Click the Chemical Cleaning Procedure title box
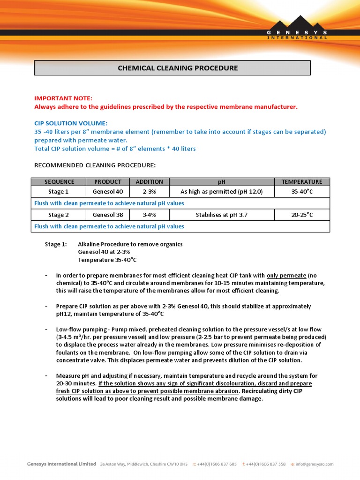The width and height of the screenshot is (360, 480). point(172,68)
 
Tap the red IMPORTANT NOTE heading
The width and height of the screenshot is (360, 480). point(63,98)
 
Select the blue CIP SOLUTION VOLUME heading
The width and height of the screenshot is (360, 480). point(71,123)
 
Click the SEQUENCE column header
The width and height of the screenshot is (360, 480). point(59,182)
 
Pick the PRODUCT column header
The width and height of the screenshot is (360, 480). point(108,182)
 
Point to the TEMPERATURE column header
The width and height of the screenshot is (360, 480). point(301,182)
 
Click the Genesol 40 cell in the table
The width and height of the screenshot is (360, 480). point(108,192)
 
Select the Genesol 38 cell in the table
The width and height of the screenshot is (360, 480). point(108,215)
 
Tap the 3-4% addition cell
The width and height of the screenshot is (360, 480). point(149,215)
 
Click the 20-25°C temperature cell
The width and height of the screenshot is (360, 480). point(301,215)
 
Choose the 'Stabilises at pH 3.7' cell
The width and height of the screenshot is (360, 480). point(221,215)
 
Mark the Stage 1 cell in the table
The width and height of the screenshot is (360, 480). point(59,192)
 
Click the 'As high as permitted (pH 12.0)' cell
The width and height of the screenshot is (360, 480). point(221,192)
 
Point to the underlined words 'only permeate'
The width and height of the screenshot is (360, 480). point(286,276)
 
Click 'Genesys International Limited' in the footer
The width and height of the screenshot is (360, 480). point(61,464)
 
